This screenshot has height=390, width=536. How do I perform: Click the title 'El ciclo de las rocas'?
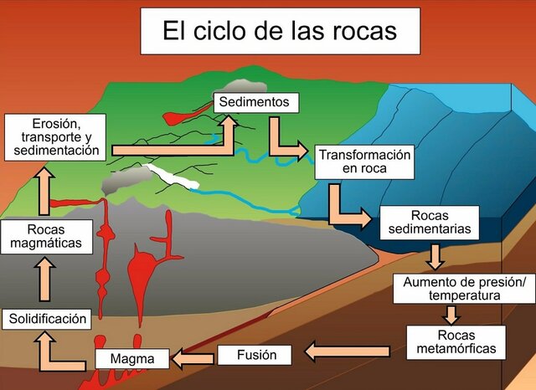280,32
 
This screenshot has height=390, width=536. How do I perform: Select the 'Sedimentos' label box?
256,102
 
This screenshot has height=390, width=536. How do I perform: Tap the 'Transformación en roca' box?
363,162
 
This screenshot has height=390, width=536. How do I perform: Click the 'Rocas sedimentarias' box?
429,221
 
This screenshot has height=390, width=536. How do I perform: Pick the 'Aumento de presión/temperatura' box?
463,288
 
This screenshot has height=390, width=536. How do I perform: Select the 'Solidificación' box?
47,318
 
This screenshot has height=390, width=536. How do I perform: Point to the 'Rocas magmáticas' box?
45,236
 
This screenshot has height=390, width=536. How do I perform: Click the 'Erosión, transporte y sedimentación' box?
54,136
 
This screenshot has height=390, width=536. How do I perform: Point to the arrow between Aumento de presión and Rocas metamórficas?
451,315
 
